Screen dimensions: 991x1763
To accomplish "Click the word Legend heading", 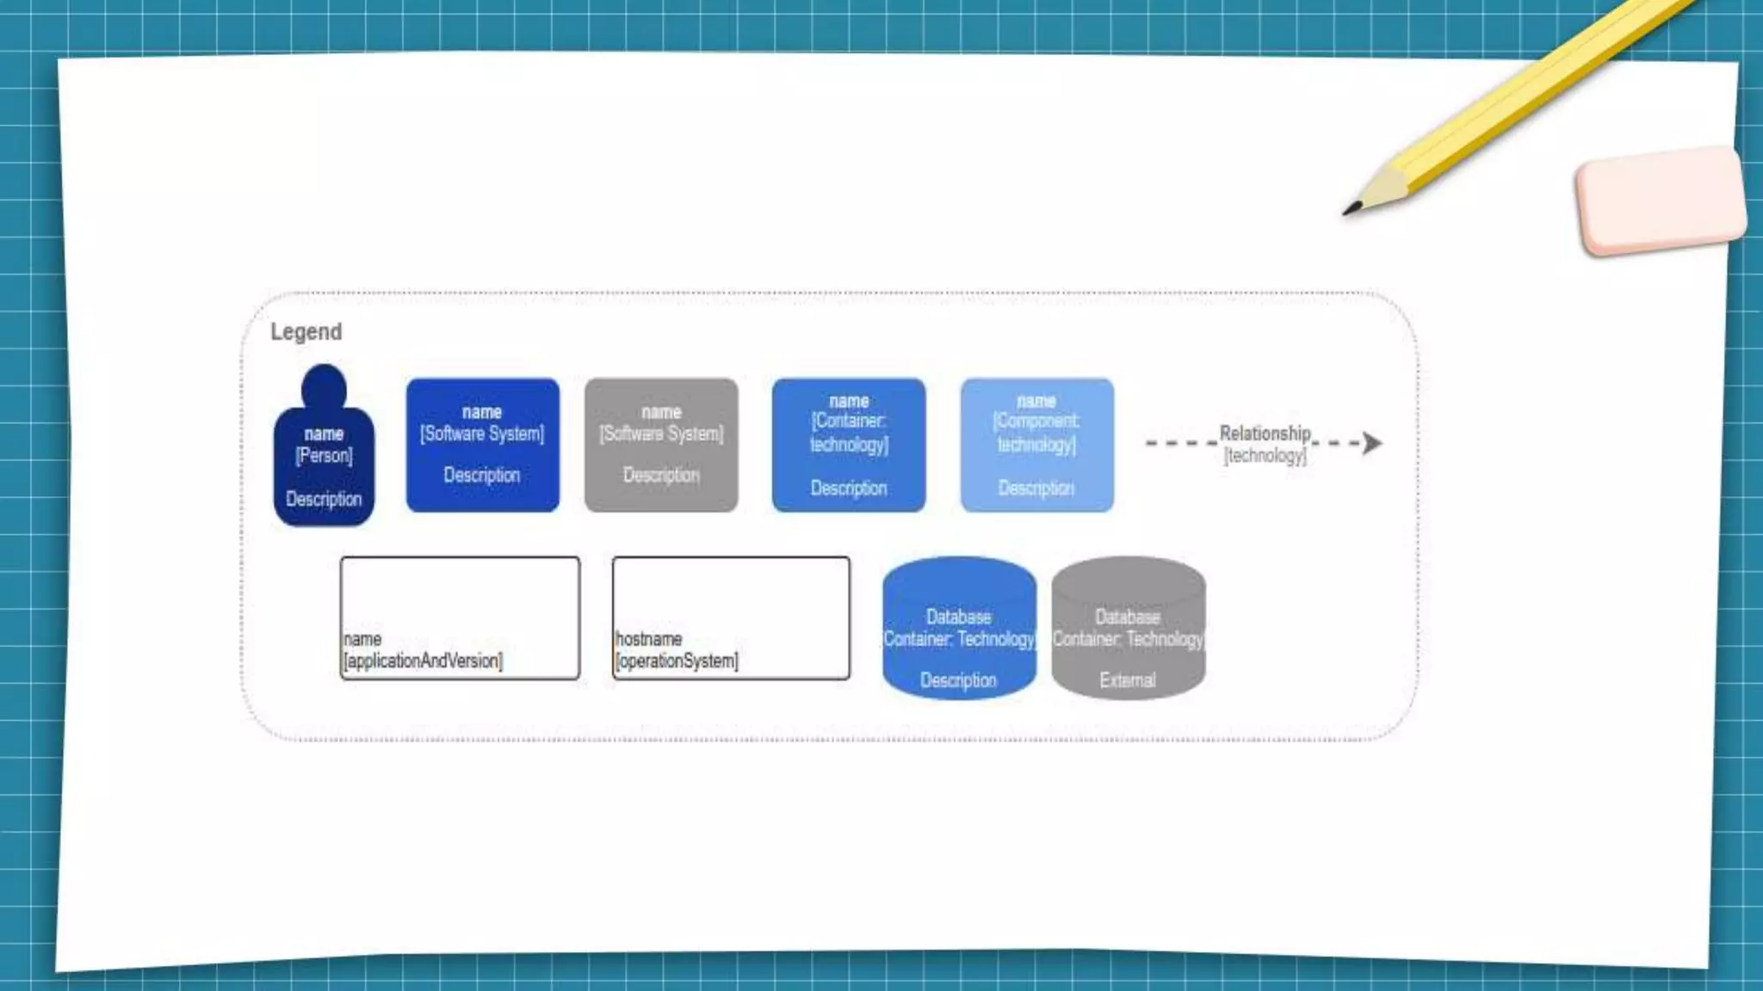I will [306, 332].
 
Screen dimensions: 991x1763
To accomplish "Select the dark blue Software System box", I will [482, 445].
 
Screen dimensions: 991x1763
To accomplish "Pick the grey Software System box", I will [661, 445].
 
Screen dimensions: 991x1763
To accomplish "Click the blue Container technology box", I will [849, 445].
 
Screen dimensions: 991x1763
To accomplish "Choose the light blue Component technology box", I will [1036, 445].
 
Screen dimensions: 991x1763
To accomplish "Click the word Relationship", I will [1265, 433].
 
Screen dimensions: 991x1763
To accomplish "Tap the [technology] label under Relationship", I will [1265, 455].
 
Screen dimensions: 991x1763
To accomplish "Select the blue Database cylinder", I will [959, 628].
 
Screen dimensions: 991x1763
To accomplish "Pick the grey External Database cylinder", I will [1128, 628].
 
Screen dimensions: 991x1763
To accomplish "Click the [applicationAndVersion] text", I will [423, 661].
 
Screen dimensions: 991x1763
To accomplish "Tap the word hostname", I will [649, 639].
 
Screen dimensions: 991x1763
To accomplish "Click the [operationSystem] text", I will [677, 661].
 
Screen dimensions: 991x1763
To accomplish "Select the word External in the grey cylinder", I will [1127, 680].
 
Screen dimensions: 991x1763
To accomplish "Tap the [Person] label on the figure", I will [324, 455].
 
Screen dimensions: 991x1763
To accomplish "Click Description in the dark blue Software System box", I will [482, 475].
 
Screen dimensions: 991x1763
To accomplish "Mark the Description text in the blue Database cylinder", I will [958, 680].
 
